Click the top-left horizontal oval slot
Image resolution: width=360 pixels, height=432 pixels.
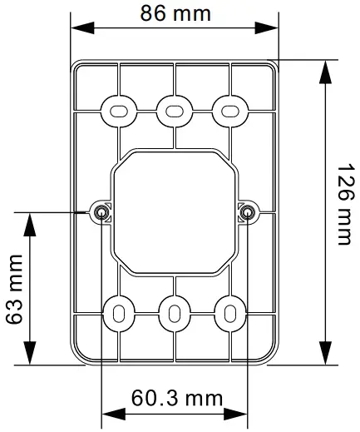[x=117, y=110]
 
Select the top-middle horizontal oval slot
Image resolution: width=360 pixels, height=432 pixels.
[x=174, y=110]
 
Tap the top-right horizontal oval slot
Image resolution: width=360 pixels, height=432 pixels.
[x=229, y=110]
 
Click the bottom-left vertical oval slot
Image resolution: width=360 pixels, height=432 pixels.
[x=117, y=314]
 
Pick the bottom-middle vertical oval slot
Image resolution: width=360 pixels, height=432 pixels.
[x=174, y=314]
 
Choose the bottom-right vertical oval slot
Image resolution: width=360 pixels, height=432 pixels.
[x=229, y=314]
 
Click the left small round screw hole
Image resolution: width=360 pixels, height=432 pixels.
[x=101, y=212]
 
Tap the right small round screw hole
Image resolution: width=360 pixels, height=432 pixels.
[x=247, y=212]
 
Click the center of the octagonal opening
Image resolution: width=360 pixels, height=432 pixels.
[x=174, y=211]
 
